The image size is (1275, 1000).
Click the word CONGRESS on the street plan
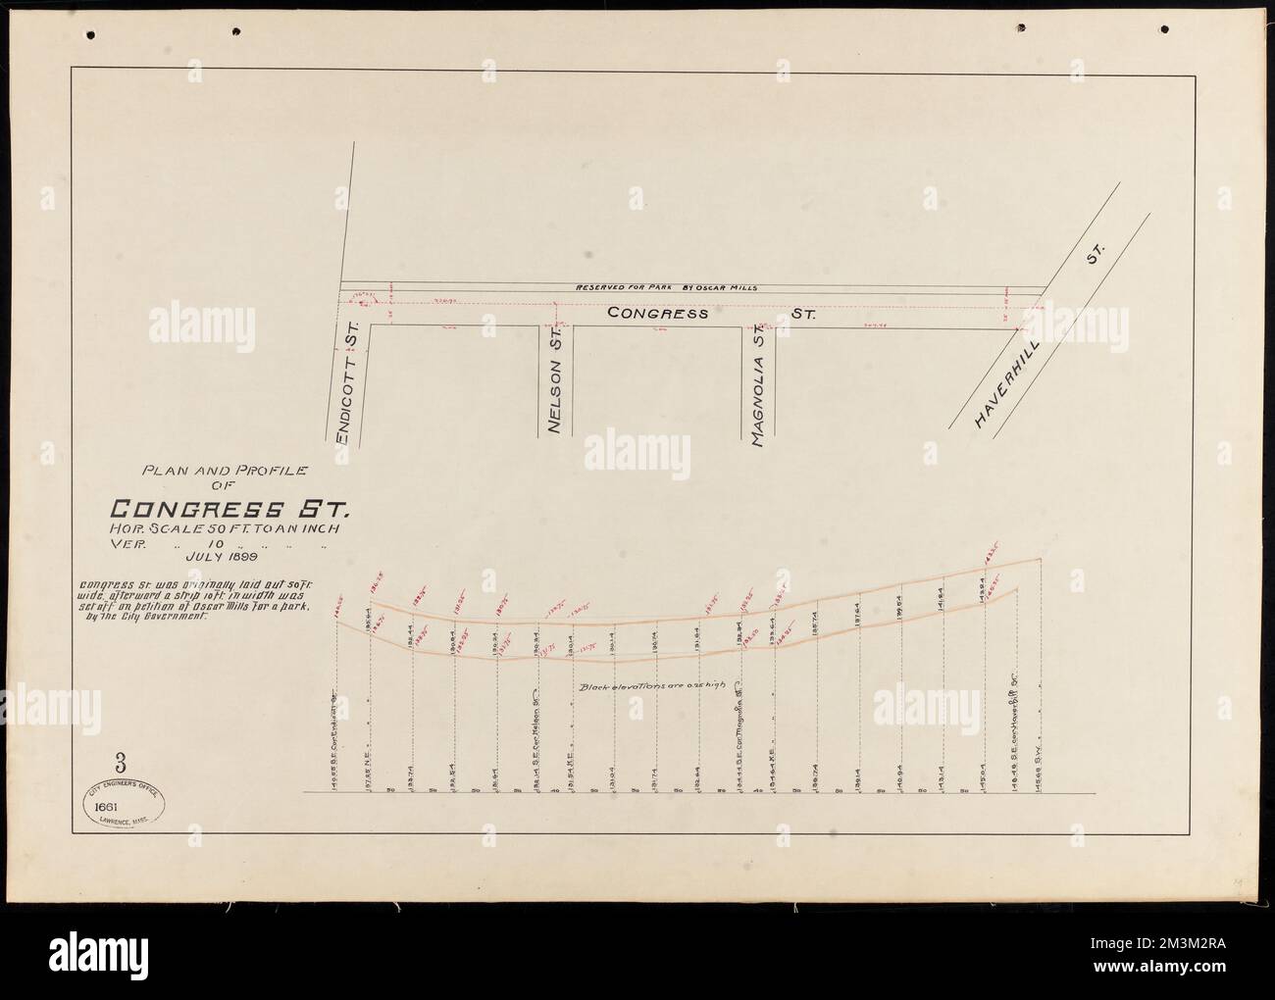(657, 314)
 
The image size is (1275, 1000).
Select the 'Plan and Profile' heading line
(226, 471)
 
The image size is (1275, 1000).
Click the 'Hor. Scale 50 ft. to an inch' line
(227, 529)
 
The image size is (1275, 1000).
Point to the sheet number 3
(120, 760)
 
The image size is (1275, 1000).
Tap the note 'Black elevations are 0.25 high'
(656, 687)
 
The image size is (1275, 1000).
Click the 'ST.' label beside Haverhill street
(1095, 259)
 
